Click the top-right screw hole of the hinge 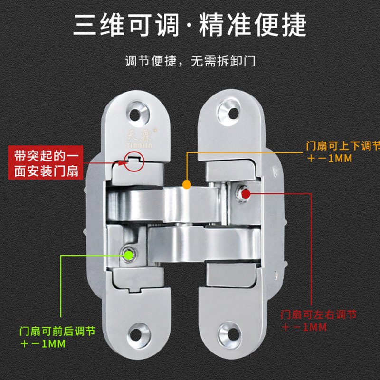233,114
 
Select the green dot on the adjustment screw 128,255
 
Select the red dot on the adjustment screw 245,194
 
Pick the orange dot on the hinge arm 187,183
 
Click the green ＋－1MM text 43,343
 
